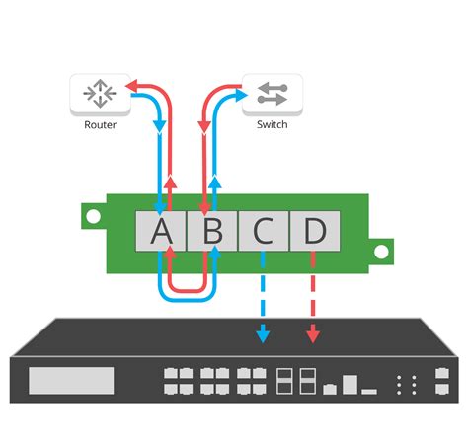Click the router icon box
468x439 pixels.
[100, 93]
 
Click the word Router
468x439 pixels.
[100, 125]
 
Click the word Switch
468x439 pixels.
[272, 125]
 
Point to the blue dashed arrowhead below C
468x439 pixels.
[263, 335]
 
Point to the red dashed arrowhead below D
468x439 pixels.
[314, 335]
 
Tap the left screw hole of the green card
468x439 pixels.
[92, 214]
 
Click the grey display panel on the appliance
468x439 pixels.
[71, 380]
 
